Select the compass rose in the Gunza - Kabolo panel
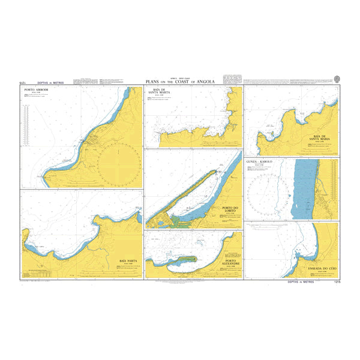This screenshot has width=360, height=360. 270,192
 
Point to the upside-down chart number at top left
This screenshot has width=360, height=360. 25,82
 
